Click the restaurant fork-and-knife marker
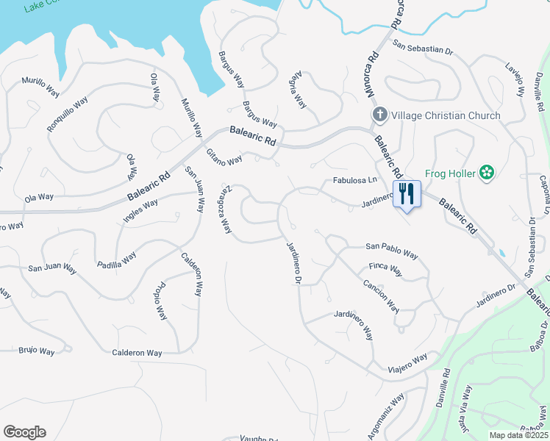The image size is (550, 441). coord(407,194)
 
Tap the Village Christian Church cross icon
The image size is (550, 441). coord(379,115)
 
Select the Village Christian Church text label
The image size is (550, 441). coord(446,115)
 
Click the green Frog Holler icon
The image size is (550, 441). coord(485,173)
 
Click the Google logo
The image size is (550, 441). coord(24,432)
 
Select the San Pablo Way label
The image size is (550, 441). coord(392,251)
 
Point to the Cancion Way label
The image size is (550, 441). coord(380,294)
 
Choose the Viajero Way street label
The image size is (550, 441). coord(408,362)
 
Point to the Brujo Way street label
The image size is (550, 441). coord(37,351)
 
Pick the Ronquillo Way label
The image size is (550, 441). coord(67,113)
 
